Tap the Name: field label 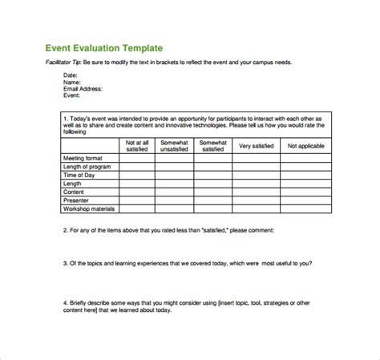pyautogui.click(x=73, y=83)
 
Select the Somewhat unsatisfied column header pyautogui.click(x=173, y=146)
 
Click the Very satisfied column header pyautogui.click(x=256, y=146)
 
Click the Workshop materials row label pyautogui.click(x=89, y=208)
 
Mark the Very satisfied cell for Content pyautogui.click(x=256, y=192)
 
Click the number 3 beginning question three pyautogui.click(x=64, y=262)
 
